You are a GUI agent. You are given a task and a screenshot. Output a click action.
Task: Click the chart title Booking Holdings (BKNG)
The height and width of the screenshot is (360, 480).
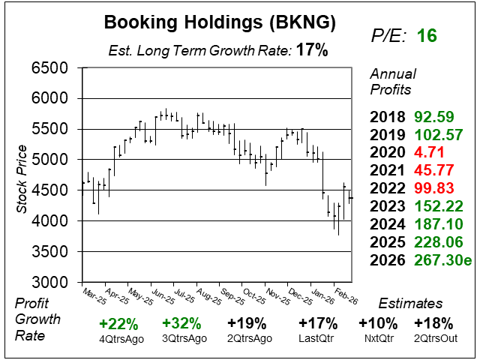[219, 24]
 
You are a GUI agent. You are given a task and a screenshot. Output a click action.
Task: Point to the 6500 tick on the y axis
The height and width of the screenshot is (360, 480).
[50, 68]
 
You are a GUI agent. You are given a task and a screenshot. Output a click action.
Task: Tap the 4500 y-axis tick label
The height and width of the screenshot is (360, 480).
[50, 190]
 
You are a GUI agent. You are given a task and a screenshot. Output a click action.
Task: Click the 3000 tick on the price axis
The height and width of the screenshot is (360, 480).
[50, 283]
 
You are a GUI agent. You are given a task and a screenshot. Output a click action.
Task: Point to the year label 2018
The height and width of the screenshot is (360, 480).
[388, 117]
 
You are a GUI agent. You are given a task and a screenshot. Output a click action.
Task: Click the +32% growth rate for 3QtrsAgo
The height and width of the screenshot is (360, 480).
[181, 324]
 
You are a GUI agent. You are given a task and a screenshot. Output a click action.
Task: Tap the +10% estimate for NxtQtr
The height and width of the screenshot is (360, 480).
[377, 324]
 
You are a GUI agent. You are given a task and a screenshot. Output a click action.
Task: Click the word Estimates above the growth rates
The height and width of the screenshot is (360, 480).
[410, 304]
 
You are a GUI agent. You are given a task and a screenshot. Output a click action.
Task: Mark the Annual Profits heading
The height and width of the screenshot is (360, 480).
[391, 82]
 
